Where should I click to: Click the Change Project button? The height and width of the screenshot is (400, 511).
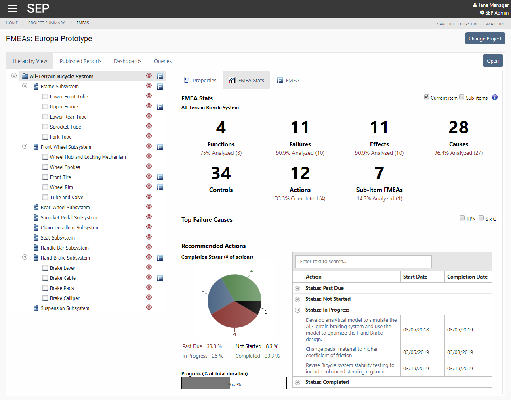pos(485,39)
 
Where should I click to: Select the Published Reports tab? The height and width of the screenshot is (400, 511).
pos(80,61)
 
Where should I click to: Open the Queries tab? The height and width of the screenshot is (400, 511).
pos(162,61)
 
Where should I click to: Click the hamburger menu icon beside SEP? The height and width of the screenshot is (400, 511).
pos(13,8)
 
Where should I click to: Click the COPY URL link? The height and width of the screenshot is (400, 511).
pos(469,24)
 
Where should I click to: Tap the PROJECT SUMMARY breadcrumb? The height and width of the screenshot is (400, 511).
pos(46,23)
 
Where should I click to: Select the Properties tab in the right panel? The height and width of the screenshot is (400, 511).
pos(200,81)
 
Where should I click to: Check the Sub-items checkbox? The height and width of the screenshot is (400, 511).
pos(462,97)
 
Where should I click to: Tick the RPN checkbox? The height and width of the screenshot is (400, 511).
pos(462,218)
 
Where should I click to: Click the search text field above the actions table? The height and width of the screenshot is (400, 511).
pos(364,262)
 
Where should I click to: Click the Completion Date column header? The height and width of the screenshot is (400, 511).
pos(467,277)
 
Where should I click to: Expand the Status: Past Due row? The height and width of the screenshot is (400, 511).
pos(298,288)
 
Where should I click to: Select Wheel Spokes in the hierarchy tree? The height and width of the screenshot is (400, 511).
pos(65,167)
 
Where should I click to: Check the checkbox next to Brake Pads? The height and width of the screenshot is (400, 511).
pos(45,288)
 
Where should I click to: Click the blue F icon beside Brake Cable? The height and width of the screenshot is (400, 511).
pos(160,278)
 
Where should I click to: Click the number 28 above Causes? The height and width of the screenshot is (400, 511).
pos(458,128)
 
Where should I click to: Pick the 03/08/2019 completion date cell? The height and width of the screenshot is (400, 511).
pos(460,352)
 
